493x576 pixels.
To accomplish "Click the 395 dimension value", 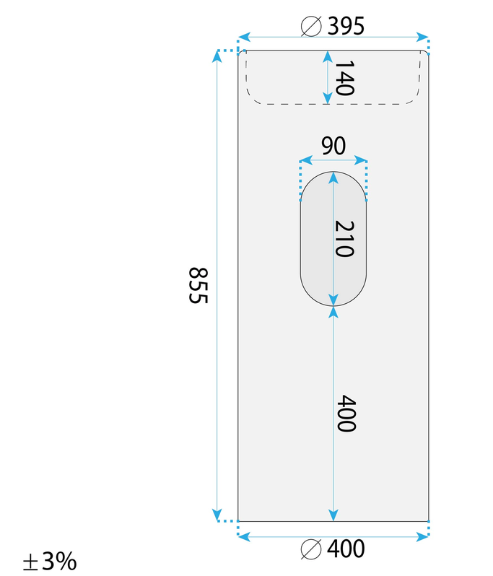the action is (346, 26).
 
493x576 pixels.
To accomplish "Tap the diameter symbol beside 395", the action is (311, 27).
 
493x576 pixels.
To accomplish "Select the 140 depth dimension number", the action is (344, 78).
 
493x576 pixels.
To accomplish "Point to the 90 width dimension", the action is (333, 146).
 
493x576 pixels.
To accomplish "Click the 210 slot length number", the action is (344, 238).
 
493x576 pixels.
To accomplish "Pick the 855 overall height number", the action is (198, 285).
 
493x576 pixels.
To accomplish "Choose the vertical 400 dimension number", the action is (346, 414).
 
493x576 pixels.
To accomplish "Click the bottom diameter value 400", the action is (346, 549).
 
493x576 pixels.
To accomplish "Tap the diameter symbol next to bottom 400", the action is (311, 549).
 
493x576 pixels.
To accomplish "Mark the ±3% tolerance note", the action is (50, 561).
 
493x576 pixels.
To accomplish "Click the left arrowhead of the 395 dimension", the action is (244, 37).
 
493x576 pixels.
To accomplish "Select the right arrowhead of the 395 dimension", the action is (422, 37).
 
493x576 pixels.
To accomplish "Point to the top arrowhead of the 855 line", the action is (217, 56).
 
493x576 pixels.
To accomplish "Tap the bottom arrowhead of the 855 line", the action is (217, 515).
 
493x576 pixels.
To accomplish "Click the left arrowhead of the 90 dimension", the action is (306, 160).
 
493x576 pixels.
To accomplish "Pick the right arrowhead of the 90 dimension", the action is (361, 160).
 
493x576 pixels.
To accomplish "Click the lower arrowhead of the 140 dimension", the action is (328, 98).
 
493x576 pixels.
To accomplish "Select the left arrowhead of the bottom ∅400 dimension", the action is (244, 537).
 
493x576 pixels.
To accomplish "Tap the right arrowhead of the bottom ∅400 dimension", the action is (422, 537).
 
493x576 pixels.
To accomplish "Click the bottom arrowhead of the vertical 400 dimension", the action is (333, 515).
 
